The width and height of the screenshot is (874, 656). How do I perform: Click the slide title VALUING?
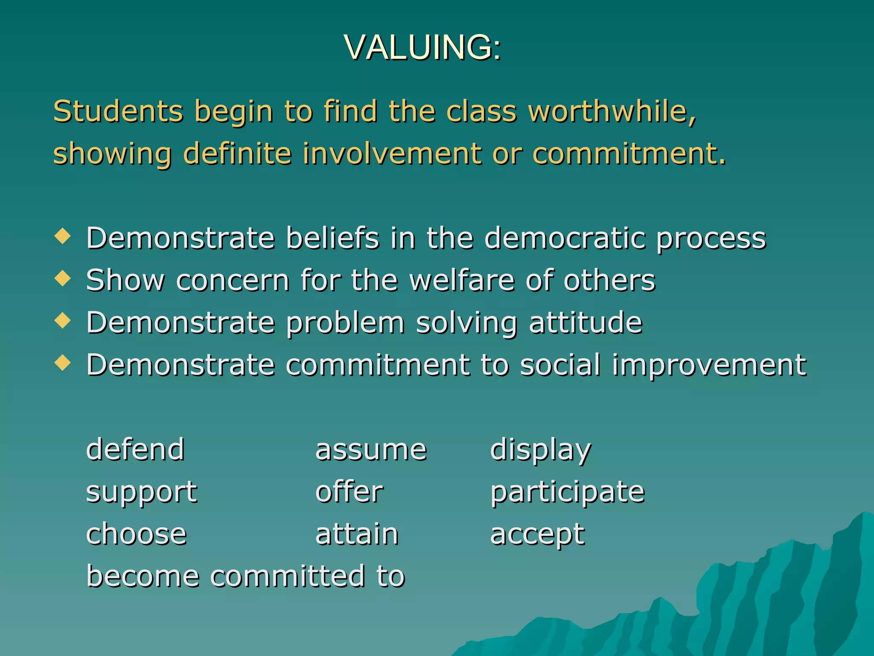click(422, 47)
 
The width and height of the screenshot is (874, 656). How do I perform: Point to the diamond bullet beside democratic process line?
click(63, 236)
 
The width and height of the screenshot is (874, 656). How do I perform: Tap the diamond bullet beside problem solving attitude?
click(63, 320)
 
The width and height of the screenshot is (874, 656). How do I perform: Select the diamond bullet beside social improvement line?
click(63, 363)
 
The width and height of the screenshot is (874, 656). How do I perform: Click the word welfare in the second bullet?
click(462, 280)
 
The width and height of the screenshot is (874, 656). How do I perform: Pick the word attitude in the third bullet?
click(586, 322)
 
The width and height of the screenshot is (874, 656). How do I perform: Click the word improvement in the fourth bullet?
click(709, 366)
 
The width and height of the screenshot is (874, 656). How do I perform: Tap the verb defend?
click(135, 449)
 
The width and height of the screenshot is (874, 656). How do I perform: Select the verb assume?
click(371, 450)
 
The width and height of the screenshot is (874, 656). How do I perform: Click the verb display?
click(541, 450)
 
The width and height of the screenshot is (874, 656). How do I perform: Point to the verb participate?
click(568, 492)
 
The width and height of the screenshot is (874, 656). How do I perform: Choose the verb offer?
click(349, 492)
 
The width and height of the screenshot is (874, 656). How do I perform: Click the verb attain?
click(357, 534)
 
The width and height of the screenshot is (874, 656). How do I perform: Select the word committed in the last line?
click(288, 576)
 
